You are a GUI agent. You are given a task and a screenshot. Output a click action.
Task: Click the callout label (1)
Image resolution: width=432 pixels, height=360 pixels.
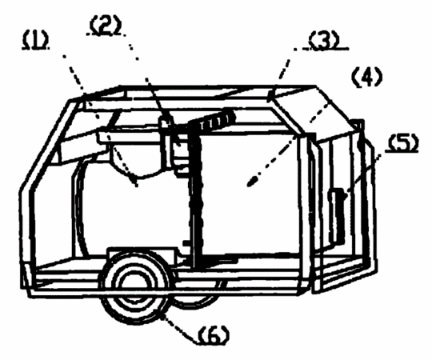point(35,42)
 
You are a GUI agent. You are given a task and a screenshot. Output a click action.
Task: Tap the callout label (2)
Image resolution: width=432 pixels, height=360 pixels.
point(106,26)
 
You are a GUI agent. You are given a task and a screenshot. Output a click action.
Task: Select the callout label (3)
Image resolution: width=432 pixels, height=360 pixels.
point(323,41)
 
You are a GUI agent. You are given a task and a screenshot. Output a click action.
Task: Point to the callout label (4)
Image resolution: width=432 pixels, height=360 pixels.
point(367,77)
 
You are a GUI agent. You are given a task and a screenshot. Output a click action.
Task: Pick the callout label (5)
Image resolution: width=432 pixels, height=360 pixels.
point(402,142)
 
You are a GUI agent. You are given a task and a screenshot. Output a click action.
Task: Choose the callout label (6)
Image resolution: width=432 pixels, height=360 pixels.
point(214,334)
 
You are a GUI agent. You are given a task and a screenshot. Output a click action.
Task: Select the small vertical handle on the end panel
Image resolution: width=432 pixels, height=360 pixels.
point(338,215)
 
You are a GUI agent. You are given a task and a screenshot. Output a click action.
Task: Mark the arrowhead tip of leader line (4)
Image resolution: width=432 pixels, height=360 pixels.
point(250,185)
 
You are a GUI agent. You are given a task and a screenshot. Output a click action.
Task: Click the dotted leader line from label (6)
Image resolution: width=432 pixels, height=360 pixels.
point(180,330)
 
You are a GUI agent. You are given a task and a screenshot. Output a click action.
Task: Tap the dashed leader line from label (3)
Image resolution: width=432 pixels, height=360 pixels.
point(284,68)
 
